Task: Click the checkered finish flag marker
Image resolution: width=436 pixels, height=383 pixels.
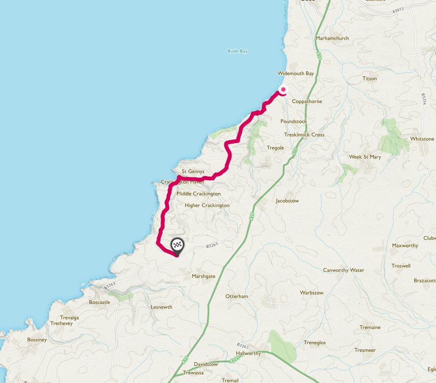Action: (177, 245)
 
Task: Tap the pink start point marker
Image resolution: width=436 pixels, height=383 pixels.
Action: (283, 90)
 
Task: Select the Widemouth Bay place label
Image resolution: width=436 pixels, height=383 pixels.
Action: (296, 74)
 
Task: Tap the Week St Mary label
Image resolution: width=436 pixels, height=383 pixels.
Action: (365, 157)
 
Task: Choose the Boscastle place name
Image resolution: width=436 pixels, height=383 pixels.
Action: (99, 302)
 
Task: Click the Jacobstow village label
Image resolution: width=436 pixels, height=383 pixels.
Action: (287, 201)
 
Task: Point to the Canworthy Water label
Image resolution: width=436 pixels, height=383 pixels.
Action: (343, 270)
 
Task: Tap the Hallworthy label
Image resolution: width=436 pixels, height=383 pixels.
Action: (248, 353)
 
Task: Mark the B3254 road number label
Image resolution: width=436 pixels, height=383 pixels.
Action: (424, 100)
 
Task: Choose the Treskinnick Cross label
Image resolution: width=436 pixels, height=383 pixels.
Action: (304, 135)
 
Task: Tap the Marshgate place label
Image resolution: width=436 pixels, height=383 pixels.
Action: (203, 276)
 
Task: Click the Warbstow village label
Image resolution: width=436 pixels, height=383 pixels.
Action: (312, 293)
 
